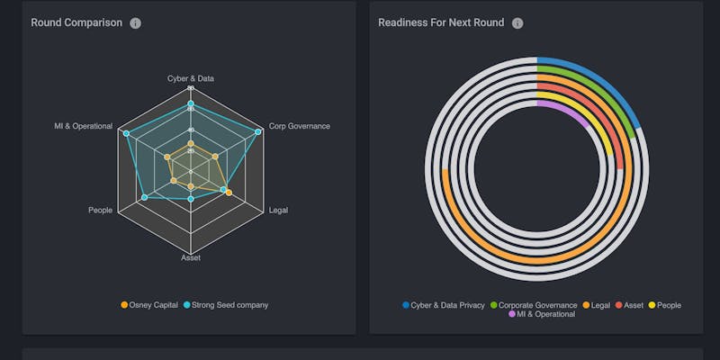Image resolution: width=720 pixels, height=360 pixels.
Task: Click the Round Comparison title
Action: (x=76, y=22)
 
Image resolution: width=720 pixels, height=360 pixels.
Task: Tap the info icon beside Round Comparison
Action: (x=136, y=23)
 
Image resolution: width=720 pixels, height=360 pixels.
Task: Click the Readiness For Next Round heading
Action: (x=440, y=22)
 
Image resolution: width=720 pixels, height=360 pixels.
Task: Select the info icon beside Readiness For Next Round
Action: (x=517, y=23)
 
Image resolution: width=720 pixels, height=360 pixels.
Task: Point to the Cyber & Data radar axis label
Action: (x=191, y=78)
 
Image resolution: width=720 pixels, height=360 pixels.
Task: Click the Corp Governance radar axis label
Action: (x=300, y=126)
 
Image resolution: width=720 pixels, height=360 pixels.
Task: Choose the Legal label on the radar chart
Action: (x=279, y=211)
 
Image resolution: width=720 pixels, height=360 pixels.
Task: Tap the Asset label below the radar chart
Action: (x=191, y=258)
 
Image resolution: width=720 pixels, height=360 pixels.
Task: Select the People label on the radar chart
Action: (x=101, y=211)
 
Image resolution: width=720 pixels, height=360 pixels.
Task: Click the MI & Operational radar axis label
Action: (x=83, y=126)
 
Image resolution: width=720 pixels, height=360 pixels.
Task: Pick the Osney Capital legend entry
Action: (x=149, y=305)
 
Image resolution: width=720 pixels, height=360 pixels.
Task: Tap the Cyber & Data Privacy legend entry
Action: (x=443, y=305)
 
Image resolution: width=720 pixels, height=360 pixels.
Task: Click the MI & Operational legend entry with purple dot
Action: (x=542, y=315)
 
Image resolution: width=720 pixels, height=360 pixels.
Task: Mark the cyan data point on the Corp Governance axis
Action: (x=258, y=132)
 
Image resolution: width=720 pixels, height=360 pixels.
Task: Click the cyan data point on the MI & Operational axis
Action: (x=126, y=133)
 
